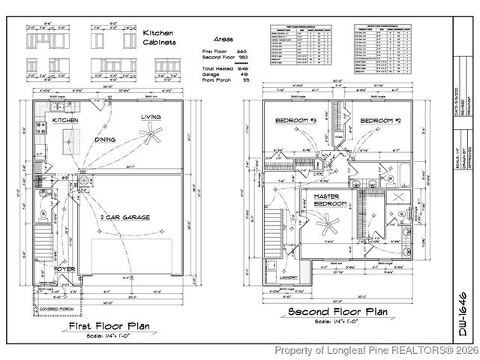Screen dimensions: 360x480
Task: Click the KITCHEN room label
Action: (x=65, y=120)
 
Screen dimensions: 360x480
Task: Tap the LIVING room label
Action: (x=151, y=118)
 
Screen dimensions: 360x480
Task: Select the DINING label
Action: (x=105, y=140)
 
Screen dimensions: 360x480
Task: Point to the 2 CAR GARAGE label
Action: (x=125, y=217)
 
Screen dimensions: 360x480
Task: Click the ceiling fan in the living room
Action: (x=153, y=136)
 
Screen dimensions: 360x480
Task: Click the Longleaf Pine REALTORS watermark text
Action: (x=375, y=350)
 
